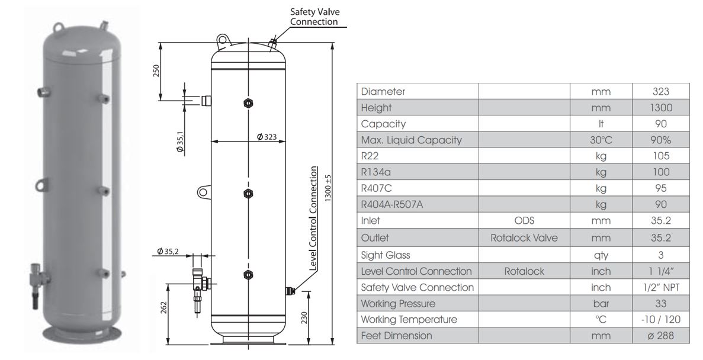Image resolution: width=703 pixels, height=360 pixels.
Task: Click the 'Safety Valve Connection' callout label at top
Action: (x=314, y=17)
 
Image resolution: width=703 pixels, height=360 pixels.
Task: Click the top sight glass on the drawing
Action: (x=248, y=104)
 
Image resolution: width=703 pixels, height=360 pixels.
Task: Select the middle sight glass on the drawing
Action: (x=248, y=194)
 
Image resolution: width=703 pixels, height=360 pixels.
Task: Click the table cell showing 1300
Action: (x=661, y=108)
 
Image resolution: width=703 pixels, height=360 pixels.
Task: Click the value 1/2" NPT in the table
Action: (x=661, y=287)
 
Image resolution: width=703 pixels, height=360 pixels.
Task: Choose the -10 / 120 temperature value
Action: (x=661, y=320)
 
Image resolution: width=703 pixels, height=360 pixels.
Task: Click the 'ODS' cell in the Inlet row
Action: (x=524, y=221)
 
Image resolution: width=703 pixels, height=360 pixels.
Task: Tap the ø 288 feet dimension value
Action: (x=661, y=336)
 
